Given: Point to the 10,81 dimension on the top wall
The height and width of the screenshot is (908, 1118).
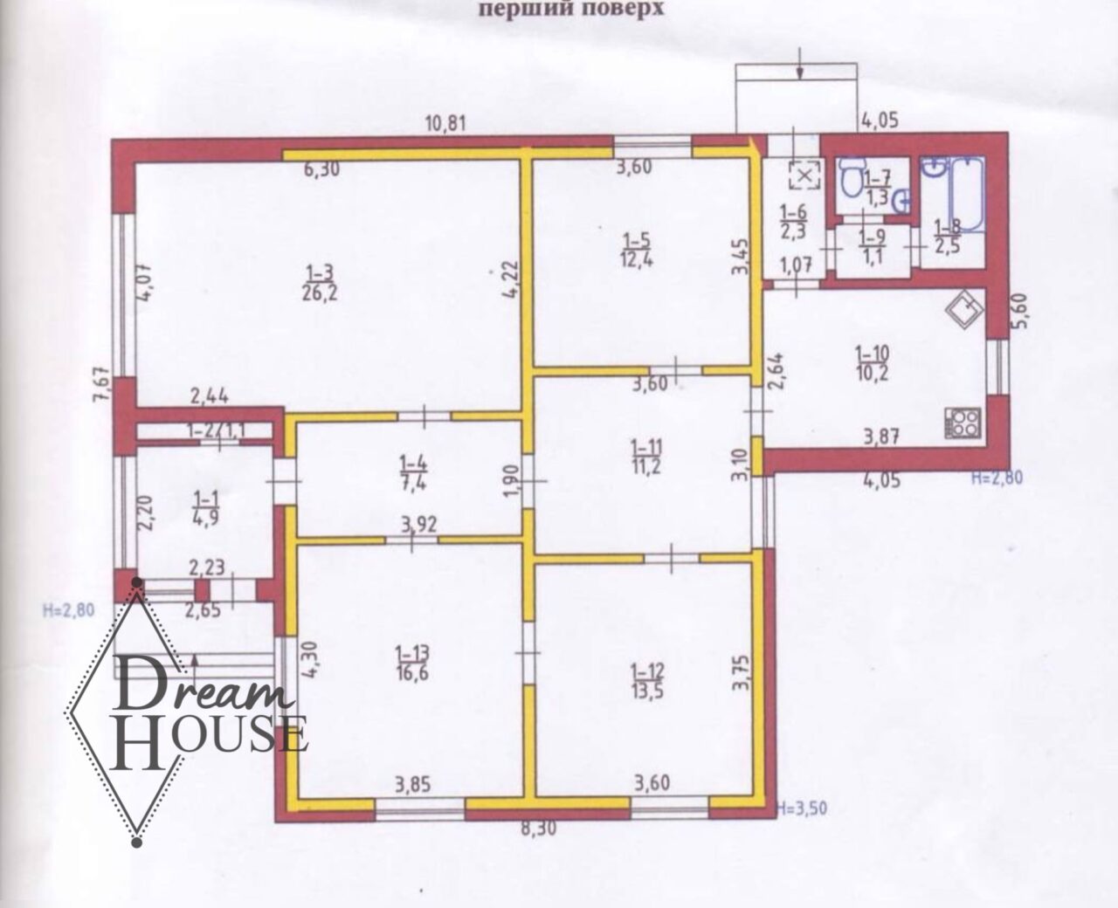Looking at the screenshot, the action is pyautogui.click(x=445, y=124).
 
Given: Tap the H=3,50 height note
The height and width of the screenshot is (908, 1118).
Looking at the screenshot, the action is pyautogui.click(x=802, y=808).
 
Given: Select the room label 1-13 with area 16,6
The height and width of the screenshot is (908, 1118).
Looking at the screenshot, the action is pyautogui.click(x=412, y=663).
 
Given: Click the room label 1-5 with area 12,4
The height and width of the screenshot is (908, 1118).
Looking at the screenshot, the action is pyautogui.click(x=638, y=250).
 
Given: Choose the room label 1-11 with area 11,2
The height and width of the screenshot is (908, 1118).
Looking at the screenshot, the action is pyautogui.click(x=646, y=457).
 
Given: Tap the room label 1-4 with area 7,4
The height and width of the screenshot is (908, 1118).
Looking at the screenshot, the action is pyautogui.click(x=414, y=472).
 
